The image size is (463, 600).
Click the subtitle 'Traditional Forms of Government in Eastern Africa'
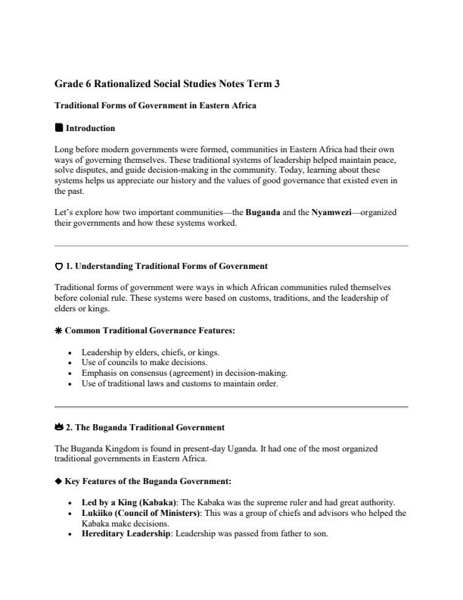155,106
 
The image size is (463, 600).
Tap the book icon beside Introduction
59,128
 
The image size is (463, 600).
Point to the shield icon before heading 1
59,267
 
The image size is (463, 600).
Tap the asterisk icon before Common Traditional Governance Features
59,331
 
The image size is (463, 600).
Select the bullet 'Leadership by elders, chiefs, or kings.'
156,352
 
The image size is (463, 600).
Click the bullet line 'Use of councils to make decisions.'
148,363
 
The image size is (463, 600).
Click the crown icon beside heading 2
59,428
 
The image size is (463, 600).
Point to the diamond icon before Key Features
59,481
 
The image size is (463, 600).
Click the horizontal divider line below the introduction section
231,246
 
